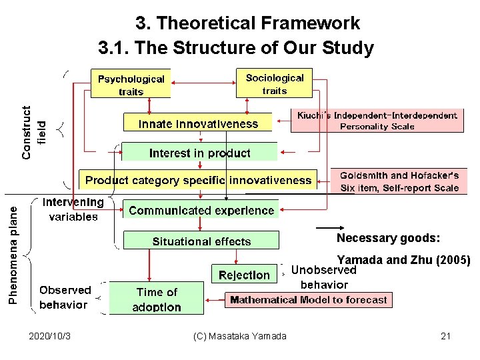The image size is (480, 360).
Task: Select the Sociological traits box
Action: [x=274, y=83]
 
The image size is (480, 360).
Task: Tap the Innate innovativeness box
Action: [x=198, y=123]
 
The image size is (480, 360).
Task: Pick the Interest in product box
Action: [x=199, y=153]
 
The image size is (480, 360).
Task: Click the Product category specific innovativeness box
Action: [x=198, y=179]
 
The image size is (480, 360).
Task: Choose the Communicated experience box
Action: [x=201, y=210]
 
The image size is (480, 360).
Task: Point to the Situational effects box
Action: [x=201, y=241]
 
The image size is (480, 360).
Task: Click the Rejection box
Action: [x=244, y=274]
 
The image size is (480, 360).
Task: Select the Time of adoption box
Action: [x=157, y=299]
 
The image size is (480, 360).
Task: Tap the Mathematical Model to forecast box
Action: [x=308, y=300]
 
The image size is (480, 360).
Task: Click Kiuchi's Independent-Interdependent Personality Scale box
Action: [x=377, y=121]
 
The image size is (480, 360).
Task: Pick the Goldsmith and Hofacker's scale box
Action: [x=399, y=181]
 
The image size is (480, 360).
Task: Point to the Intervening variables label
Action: [x=73, y=209]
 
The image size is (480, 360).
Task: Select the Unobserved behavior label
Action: [x=324, y=277]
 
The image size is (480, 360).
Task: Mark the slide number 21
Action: [x=446, y=336]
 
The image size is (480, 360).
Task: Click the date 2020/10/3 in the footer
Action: [x=51, y=336]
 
